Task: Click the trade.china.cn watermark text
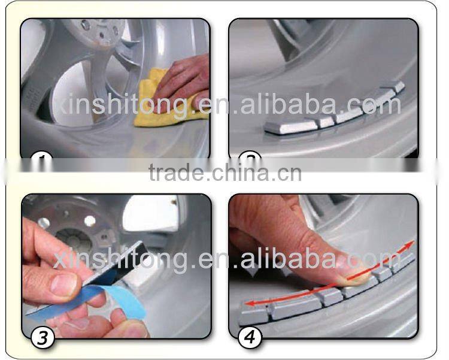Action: point(224,174)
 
